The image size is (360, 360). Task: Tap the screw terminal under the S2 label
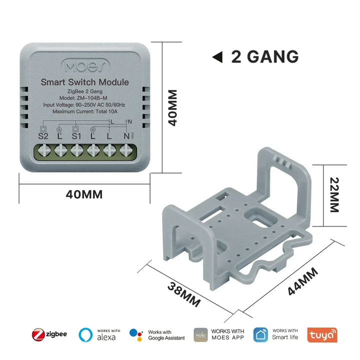[x=44, y=150]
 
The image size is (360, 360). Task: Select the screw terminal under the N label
[x=126, y=150]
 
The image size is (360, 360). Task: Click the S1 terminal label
[x=76, y=136]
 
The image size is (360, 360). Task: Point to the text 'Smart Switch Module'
[x=84, y=82]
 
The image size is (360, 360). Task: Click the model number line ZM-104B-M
[x=83, y=98]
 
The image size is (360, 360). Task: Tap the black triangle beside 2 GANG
[x=217, y=57]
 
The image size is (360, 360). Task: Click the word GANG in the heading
[x=273, y=56]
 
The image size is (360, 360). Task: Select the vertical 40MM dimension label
[x=172, y=107]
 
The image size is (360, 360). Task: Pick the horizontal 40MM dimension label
[x=84, y=194]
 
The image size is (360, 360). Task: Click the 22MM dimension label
[x=334, y=194]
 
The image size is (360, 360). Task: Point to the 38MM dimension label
[x=184, y=294]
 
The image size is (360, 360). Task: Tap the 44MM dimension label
[x=303, y=281]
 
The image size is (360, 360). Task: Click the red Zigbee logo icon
[x=38, y=334]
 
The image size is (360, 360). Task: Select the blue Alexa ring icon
[x=85, y=334]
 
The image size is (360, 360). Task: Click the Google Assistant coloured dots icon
[x=136, y=334]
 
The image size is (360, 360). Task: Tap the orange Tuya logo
[x=322, y=334]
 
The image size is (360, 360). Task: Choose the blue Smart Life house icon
[x=260, y=334]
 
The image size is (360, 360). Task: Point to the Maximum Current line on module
[x=85, y=111]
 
